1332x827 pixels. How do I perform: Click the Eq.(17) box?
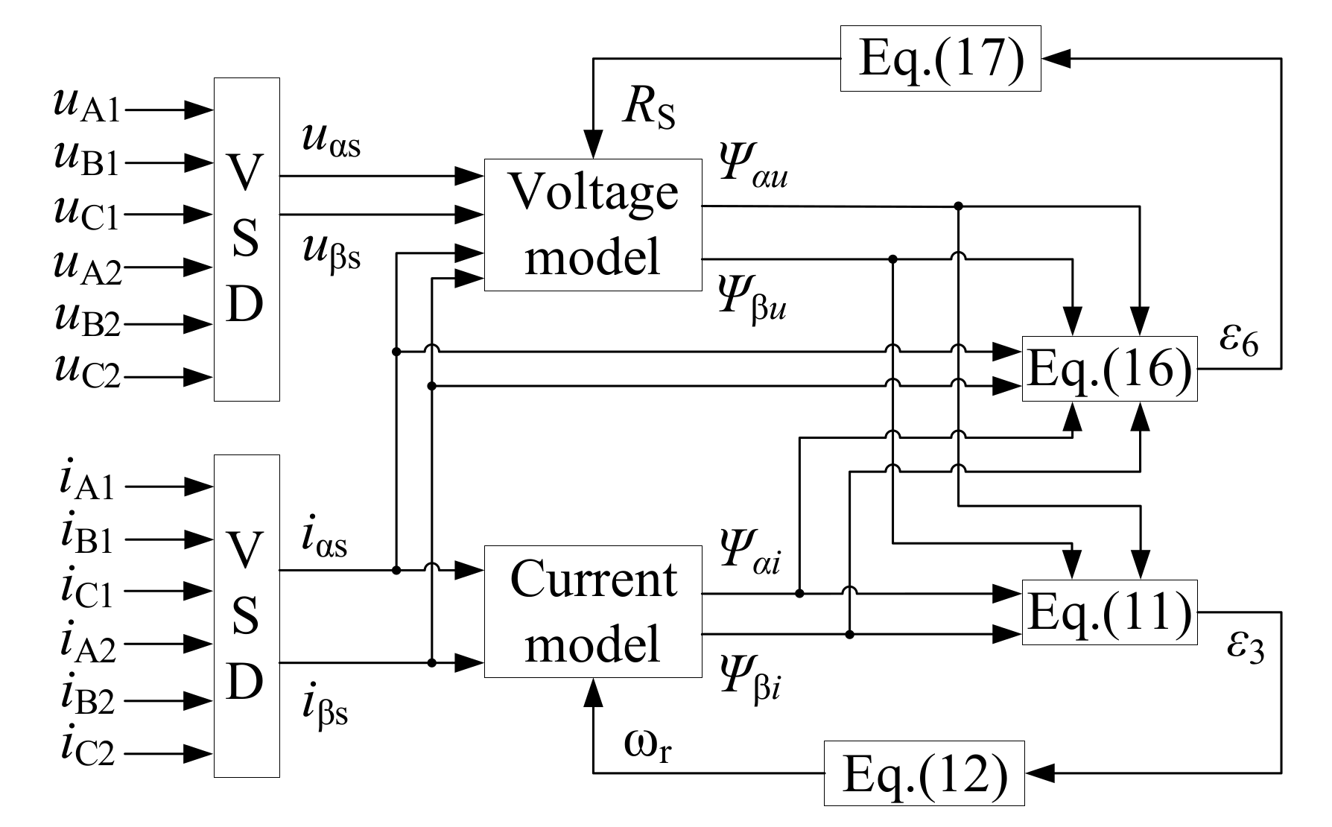pos(940,59)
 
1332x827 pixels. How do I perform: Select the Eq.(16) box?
pos(1109,369)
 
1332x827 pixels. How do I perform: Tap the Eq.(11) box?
pos(1109,612)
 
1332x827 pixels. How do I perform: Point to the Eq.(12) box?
pos(924,773)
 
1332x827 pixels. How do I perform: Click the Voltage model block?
pos(592,224)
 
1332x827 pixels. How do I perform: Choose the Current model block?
pos(592,612)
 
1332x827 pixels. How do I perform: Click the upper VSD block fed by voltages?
pos(247,239)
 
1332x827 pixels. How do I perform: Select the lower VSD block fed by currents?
pos(247,616)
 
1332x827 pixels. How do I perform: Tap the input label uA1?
pos(86,105)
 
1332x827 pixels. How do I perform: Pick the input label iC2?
pos(86,750)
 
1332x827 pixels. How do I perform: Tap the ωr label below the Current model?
pos(648,747)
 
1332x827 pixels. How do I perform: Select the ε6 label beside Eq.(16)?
pos(1238,341)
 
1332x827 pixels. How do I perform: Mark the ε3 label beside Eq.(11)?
pos(1245,648)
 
